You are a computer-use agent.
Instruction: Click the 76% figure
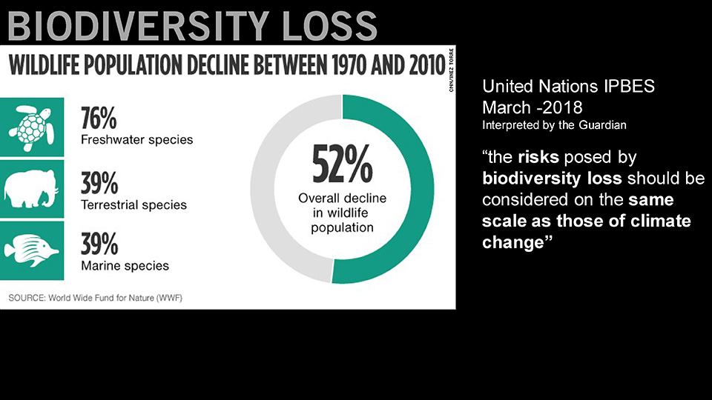(99, 119)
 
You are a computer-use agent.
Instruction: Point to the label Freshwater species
(136, 140)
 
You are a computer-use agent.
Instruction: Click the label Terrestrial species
(133, 204)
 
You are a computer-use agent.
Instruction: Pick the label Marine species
(125, 266)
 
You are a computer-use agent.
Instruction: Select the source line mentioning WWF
(95, 298)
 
